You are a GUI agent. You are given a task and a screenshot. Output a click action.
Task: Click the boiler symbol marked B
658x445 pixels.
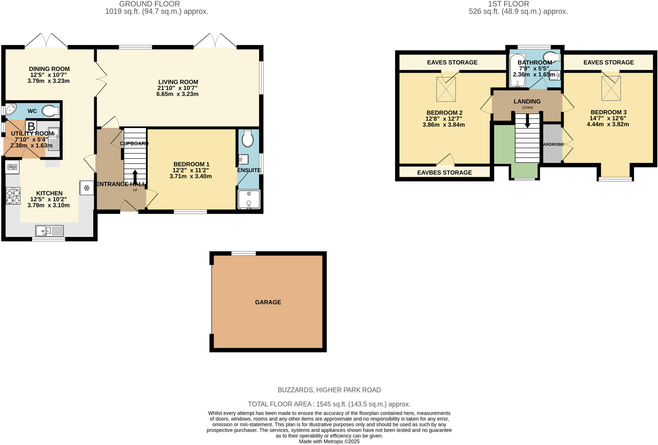31,126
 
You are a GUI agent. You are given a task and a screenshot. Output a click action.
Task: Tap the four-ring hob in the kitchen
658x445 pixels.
13,196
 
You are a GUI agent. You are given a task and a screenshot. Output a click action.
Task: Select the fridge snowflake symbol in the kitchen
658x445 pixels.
86,188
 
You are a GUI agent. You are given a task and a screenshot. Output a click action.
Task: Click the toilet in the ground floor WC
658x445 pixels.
51,111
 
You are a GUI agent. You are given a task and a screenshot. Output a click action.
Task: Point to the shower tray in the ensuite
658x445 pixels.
249,199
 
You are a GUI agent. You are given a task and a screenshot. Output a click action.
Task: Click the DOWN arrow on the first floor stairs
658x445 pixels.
527,121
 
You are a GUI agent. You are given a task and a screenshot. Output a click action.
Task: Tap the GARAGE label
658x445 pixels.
268,302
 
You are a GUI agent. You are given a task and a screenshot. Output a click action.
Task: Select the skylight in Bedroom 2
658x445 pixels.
446,89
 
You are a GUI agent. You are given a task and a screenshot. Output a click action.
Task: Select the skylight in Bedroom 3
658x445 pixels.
611,88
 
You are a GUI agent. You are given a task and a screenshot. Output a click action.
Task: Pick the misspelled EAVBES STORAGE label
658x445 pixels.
444,173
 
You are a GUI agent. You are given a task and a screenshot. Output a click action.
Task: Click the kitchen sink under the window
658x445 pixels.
49,231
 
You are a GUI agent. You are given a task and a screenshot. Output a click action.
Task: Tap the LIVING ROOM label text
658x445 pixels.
178,82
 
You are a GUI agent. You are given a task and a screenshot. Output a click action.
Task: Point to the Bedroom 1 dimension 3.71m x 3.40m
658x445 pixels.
191,176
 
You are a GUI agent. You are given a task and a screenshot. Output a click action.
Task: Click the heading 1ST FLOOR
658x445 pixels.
508,4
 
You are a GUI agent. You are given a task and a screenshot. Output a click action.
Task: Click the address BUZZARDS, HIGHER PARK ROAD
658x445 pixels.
329,390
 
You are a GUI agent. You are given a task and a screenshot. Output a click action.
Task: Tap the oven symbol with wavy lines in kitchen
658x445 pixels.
12,167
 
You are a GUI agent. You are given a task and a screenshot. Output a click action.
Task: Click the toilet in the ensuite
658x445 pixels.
247,139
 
